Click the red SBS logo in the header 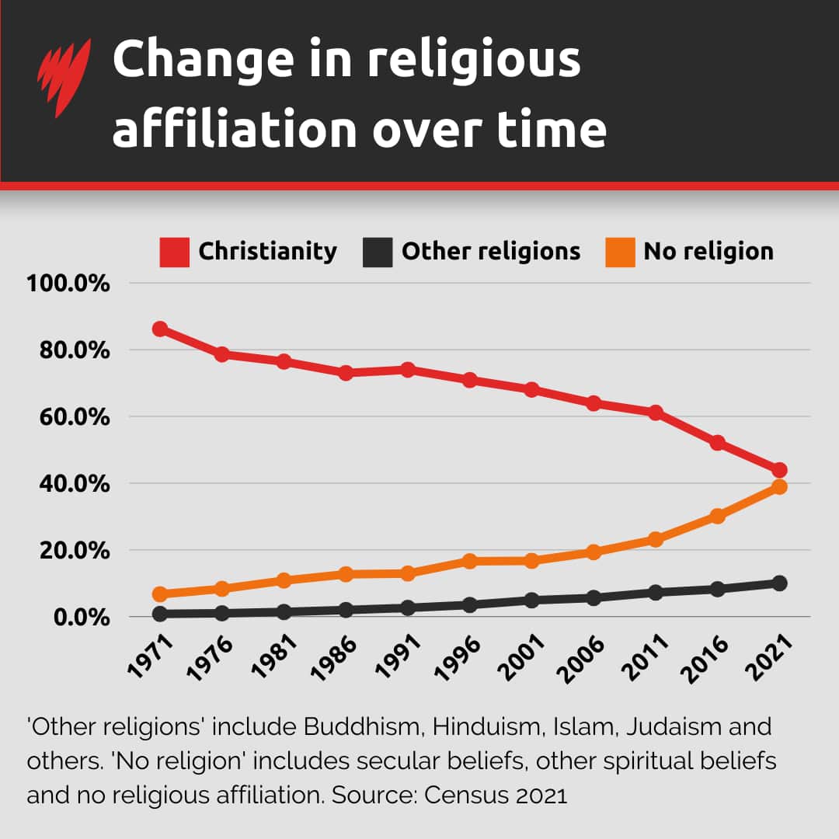click(63, 77)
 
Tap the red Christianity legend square click(175, 252)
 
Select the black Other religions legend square click(378, 252)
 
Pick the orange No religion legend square click(620, 252)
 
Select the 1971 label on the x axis click(150, 656)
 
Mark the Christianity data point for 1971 click(160, 329)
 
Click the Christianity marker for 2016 click(717, 443)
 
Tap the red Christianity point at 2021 click(779, 470)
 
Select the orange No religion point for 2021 click(779, 487)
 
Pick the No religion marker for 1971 click(160, 594)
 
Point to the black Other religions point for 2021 click(779, 583)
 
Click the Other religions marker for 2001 click(531, 600)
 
